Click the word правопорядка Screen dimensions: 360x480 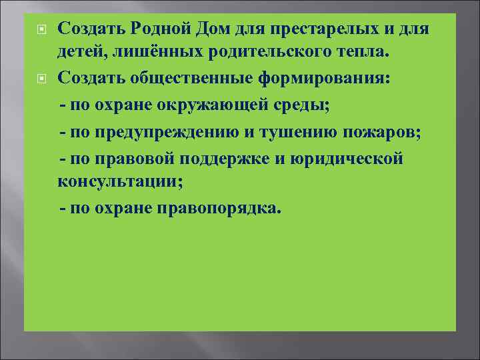click(x=219, y=209)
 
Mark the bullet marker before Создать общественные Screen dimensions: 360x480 click(x=41, y=79)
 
